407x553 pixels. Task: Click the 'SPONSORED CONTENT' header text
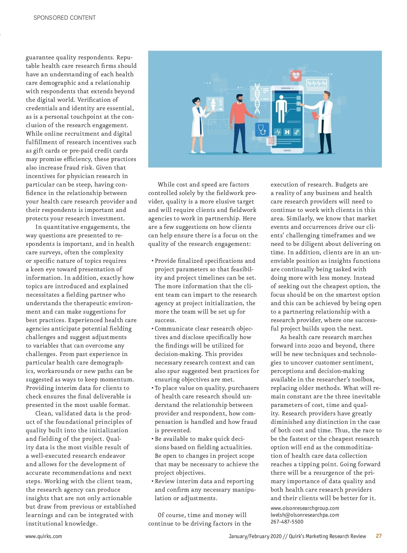(x=64, y=18)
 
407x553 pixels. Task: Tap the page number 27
(x=379, y=536)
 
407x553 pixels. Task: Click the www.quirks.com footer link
(x=44, y=536)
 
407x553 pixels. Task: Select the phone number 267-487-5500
(x=287, y=522)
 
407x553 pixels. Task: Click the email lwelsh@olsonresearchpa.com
(x=305, y=515)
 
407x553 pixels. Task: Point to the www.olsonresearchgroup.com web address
(x=305, y=508)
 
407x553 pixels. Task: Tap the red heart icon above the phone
(x=296, y=75)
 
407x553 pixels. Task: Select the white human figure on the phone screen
(x=281, y=108)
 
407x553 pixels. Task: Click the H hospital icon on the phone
(x=287, y=132)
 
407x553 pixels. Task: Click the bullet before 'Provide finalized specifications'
(x=153, y=261)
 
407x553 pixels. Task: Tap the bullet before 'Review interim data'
(x=153, y=481)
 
